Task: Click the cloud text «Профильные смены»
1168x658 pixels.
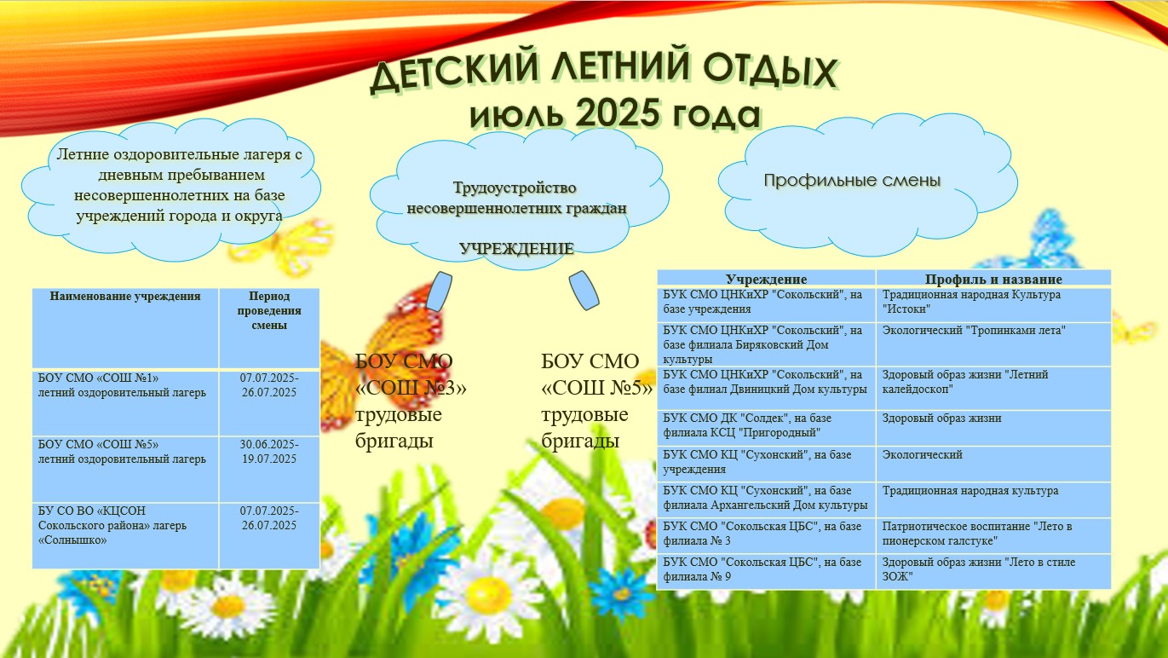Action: [852, 180]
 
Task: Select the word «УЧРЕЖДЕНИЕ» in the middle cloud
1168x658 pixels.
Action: [516, 248]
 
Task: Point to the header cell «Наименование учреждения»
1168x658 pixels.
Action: [125, 297]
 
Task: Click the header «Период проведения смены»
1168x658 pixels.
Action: [269, 310]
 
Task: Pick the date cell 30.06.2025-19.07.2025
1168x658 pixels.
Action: [269, 452]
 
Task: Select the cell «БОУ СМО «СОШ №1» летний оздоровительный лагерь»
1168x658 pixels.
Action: [122, 385]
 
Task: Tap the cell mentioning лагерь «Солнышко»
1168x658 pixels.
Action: [112, 525]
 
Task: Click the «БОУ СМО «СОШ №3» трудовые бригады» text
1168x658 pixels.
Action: [411, 401]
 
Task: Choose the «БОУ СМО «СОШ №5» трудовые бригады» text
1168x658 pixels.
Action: [596, 401]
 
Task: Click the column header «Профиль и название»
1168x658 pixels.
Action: [993, 280]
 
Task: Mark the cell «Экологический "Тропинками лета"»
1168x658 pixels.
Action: [974, 331]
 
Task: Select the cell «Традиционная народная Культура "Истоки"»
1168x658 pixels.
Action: [971, 302]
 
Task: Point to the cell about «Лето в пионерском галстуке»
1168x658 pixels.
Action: [977, 534]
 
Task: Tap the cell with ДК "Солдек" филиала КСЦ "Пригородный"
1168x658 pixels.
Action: [747, 425]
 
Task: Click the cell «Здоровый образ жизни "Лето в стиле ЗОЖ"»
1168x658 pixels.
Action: [979, 569]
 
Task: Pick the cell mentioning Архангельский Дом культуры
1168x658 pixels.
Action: [765, 498]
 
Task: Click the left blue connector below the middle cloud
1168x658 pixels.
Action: [439, 291]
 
